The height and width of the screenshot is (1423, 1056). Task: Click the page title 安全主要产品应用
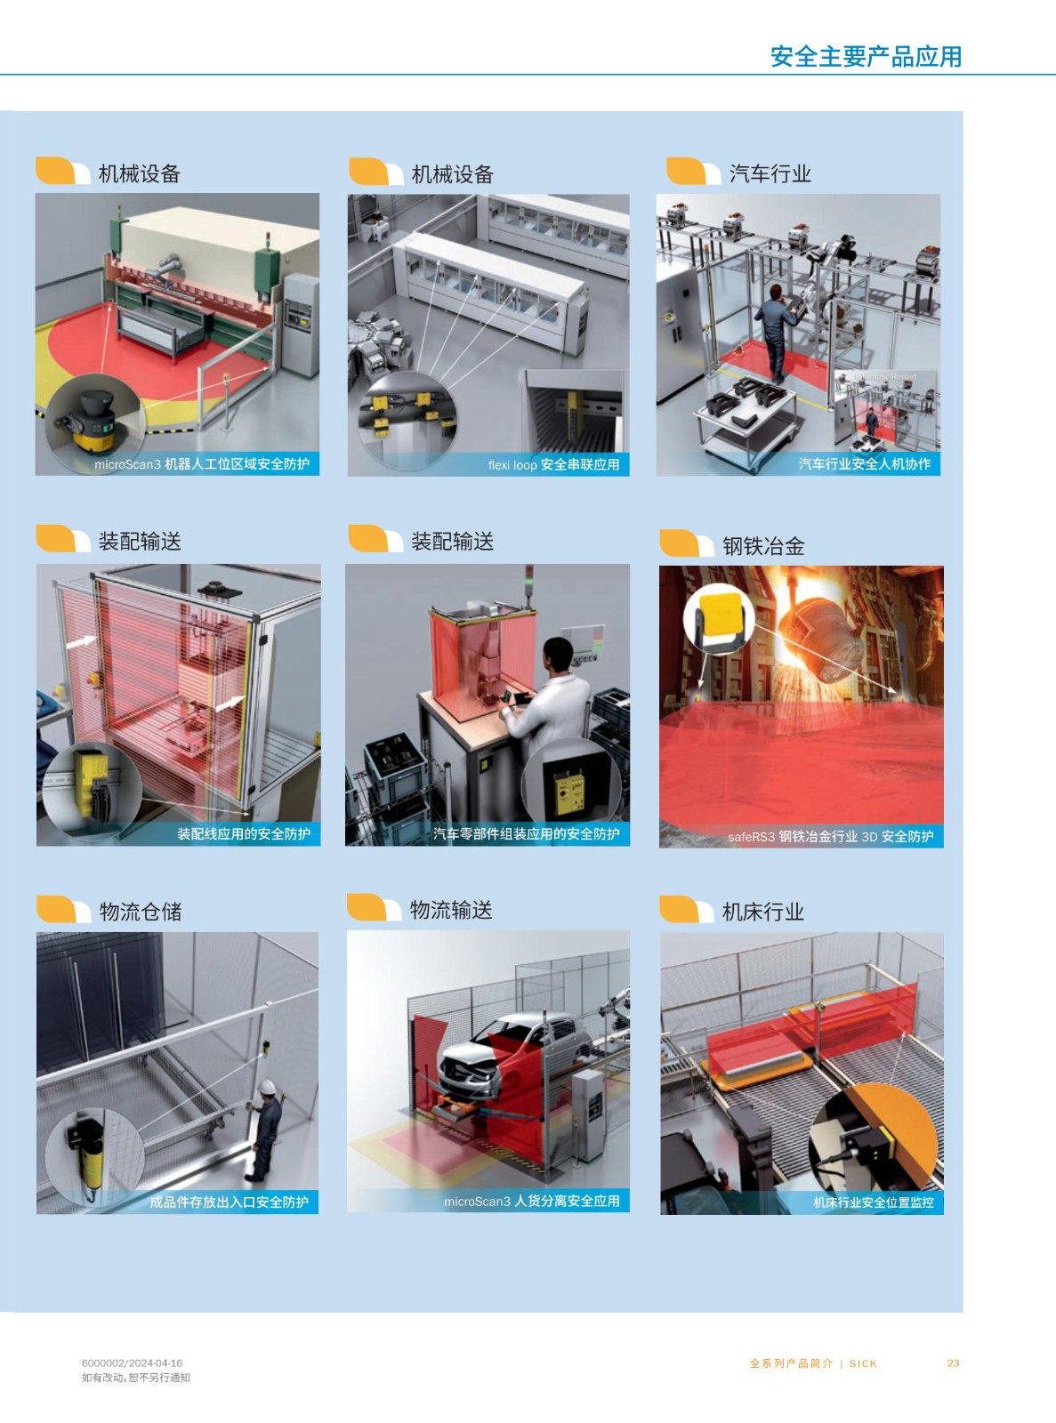pos(866,56)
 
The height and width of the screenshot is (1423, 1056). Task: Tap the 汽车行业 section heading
pos(770,173)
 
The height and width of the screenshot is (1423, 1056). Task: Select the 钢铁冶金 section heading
pos(763,546)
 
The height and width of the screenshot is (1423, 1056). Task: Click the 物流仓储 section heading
pos(140,911)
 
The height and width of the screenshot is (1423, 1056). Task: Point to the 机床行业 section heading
pos(763,911)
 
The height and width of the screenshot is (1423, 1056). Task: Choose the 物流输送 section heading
pos(451,909)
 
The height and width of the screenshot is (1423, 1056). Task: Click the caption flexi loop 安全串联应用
pos(554,464)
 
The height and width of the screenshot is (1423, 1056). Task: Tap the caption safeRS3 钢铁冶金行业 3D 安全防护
pos(831,837)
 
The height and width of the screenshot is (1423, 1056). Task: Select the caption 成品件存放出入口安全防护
pos(230,1202)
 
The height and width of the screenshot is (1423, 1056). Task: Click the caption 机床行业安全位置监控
pos(874,1202)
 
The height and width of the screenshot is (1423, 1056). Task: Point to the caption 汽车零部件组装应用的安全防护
pos(527,834)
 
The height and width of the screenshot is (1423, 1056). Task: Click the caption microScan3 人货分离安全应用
pos(532,1201)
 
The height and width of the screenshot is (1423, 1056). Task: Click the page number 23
pos(954,1363)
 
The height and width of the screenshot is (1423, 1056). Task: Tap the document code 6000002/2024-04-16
pos(132,1362)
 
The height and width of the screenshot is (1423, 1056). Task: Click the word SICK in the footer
pos(863,1363)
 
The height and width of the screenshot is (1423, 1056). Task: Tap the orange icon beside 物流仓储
pos(62,909)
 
